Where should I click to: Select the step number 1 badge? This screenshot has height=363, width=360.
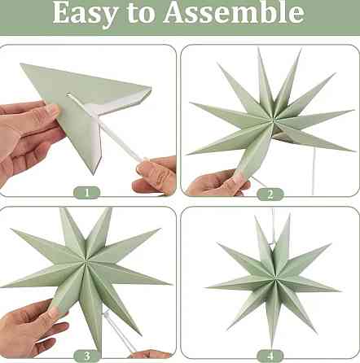tap(87, 193)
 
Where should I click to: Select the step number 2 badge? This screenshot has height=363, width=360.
tap(270, 195)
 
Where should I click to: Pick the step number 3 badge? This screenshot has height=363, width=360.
tap(87, 356)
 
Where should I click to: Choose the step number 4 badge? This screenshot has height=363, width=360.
tap(270, 356)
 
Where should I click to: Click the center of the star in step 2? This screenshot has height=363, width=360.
tap(272, 120)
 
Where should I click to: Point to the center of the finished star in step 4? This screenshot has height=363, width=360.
tap(274, 279)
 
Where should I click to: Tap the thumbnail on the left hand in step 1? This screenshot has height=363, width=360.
tap(52, 110)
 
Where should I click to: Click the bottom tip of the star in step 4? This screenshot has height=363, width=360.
tap(272, 348)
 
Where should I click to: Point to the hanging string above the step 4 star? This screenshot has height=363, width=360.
tap(273, 226)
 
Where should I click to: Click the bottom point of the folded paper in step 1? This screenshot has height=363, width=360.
tap(94, 173)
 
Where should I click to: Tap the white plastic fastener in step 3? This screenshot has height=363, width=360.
tap(108, 316)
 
